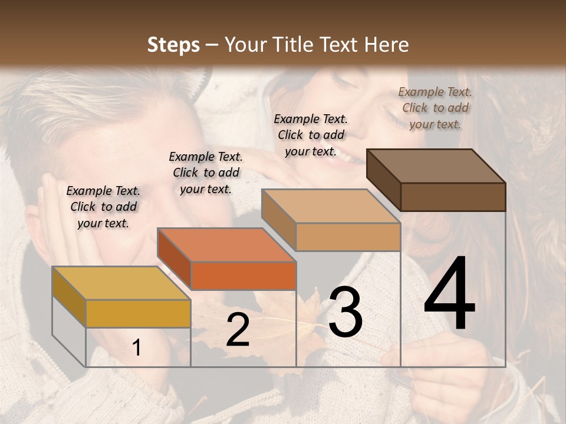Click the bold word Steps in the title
click(x=173, y=45)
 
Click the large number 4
click(x=449, y=294)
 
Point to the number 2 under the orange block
click(x=238, y=330)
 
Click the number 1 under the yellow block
click(x=137, y=348)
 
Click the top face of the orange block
click(x=226, y=244)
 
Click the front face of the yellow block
click(x=138, y=313)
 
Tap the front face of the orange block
click(x=243, y=276)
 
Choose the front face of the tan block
click(x=348, y=237)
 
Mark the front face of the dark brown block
click(x=453, y=197)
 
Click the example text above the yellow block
click(x=103, y=207)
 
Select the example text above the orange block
click(x=206, y=173)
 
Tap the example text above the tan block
click(x=311, y=135)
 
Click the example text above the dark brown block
click(x=435, y=108)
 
